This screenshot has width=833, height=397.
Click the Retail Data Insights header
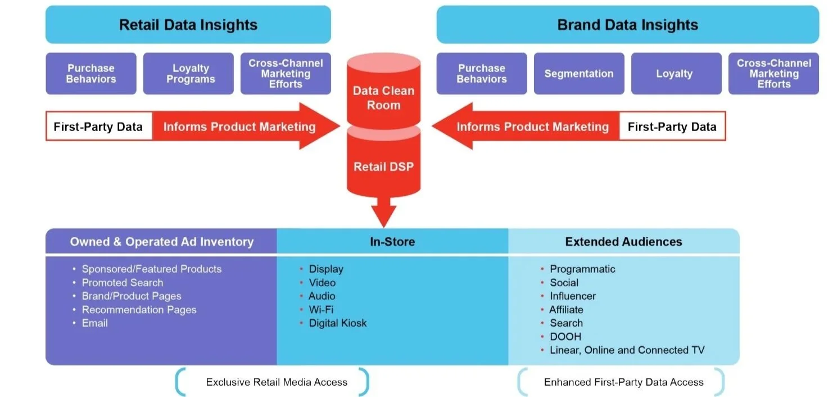[x=188, y=25]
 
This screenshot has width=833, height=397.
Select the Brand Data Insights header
[x=627, y=25]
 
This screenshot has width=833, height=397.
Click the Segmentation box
[x=578, y=74]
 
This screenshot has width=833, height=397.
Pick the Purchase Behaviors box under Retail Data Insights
[x=90, y=74]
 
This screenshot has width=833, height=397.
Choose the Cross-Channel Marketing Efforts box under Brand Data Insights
[x=773, y=74]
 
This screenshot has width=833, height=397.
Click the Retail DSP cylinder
[x=383, y=166]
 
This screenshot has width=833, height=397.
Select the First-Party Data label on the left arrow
[x=98, y=127]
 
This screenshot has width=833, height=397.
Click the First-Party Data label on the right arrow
[x=672, y=127]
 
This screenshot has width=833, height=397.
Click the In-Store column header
[x=392, y=242]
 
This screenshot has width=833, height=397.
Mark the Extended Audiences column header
[x=623, y=242]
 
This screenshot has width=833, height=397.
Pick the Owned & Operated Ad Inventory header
[x=161, y=242]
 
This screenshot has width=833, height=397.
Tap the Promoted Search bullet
[x=122, y=283]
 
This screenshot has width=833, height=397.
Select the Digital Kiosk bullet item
[x=337, y=323]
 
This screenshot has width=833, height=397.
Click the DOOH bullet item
[x=565, y=337]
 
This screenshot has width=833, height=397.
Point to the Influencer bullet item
[x=572, y=296]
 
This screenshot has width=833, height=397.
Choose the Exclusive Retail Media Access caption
[x=277, y=382]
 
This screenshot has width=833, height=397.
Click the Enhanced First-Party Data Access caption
[x=623, y=382]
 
